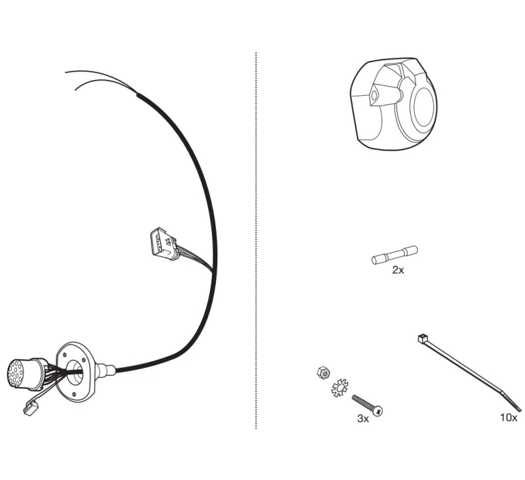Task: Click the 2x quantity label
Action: point(398,270)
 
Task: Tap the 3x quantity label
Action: point(363,418)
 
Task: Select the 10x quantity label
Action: point(509,418)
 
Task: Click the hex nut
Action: point(323,373)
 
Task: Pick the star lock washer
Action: point(340,388)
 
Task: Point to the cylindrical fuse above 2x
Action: point(394,255)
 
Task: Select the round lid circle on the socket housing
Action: point(425,107)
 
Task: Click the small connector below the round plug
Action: point(31,409)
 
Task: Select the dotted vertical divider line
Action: point(256,240)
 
